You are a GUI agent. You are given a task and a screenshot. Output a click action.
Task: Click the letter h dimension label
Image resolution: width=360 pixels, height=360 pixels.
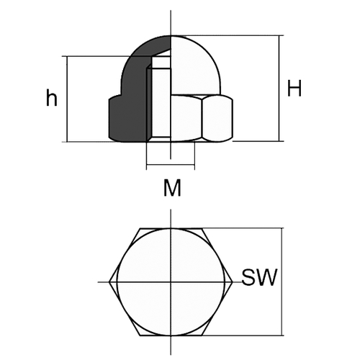[52, 97]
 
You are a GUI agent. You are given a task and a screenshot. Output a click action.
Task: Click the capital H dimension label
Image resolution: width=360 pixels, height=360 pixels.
[294, 88]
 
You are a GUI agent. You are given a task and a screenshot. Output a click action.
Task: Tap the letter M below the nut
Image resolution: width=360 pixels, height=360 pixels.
[172, 188]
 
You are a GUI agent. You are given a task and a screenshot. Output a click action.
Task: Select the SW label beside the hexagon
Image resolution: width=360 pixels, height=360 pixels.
[259, 277]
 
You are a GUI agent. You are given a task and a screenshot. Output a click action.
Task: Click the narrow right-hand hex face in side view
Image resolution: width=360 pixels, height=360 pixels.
[217, 118]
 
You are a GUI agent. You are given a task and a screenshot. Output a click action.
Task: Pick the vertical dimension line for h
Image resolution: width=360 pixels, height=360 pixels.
[67, 99]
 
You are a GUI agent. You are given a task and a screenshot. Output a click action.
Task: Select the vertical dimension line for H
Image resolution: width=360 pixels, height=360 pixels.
[279, 89]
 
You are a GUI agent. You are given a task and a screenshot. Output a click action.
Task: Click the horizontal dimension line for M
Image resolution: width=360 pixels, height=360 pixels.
[171, 165]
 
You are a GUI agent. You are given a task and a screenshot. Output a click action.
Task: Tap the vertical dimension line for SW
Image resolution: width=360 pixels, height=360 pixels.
[282, 282]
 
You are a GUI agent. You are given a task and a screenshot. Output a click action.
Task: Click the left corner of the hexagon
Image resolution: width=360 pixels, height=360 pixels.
[109, 282]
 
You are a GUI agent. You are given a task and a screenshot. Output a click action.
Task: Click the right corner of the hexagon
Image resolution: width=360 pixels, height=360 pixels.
[233, 282]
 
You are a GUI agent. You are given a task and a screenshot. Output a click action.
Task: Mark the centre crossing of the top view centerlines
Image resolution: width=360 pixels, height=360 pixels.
[171, 282]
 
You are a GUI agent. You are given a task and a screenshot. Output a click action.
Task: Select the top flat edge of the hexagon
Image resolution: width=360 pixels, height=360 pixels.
[171, 228]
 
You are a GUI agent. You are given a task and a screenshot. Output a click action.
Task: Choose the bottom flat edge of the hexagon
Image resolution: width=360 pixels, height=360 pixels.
[171, 336]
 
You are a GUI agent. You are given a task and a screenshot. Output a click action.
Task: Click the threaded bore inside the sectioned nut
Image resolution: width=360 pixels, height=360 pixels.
[161, 101]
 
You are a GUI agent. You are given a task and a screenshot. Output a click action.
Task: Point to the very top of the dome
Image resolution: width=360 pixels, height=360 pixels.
[171, 35]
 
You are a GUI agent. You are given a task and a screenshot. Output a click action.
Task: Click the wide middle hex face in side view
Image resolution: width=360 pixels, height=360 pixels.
[186, 118]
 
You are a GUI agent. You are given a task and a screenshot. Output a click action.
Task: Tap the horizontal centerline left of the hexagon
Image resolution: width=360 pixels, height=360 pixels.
[104, 282]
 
